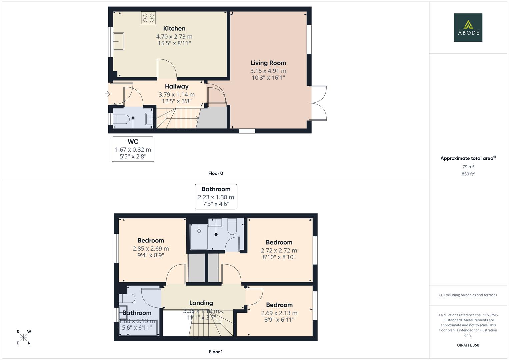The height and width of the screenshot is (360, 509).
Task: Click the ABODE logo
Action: tap(468, 28)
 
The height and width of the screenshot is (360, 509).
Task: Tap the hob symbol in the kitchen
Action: tap(148, 18)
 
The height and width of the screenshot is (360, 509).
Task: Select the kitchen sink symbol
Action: tap(118, 41)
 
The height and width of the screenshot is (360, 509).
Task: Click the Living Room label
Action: tap(268, 63)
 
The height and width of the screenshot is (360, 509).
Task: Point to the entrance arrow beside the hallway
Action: tap(108, 94)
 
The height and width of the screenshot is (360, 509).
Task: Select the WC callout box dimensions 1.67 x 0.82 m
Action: tap(133, 150)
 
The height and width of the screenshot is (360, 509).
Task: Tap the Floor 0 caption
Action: tap(216, 173)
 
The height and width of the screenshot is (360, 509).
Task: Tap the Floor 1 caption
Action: tap(216, 352)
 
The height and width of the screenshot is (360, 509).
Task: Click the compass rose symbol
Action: tap(24, 337)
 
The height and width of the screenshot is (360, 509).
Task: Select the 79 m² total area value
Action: tap(468, 167)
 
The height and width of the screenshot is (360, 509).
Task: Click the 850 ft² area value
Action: tap(468, 174)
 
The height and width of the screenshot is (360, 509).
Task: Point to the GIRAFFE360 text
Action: tap(468, 345)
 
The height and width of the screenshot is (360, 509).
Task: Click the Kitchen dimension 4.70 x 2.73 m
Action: tap(174, 37)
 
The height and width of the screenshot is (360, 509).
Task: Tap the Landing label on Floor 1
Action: tap(201, 303)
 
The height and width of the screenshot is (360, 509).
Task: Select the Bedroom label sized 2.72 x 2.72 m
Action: tap(279, 242)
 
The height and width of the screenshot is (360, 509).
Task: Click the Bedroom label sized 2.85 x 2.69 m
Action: tap(151, 241)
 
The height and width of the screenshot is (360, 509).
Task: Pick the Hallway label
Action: tap(177, 87)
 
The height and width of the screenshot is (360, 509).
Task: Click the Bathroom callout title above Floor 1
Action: tap(216, 189)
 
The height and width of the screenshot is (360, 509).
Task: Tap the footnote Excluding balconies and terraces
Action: tap(468, 295)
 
